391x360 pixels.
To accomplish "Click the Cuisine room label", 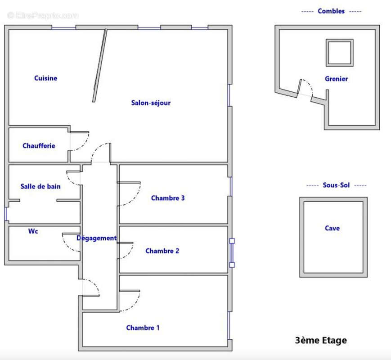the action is pos(45,78).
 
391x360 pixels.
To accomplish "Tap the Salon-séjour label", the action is pos(151,103).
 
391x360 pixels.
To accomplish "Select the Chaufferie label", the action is pos(39,146).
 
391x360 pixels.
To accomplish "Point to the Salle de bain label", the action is pos(40,186).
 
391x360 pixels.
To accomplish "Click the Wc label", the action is pos(33,231).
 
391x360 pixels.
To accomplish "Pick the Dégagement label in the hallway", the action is pos(96,238).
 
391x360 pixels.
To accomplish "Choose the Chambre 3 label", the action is pos(168,198).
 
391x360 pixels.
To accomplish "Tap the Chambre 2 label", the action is pos(162,251).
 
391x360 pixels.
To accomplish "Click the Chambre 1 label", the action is pos(143,328).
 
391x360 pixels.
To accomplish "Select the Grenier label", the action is pos(336,79).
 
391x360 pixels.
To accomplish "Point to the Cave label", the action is pos(332,228).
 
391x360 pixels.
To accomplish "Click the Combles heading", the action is pos(331,11).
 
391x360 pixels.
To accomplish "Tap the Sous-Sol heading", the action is pos(336,185).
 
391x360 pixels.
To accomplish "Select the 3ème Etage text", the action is pos(321,340).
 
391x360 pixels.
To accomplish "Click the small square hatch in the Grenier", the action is pos(340,53).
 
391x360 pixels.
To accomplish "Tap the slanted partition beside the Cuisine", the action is pos(100,65).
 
